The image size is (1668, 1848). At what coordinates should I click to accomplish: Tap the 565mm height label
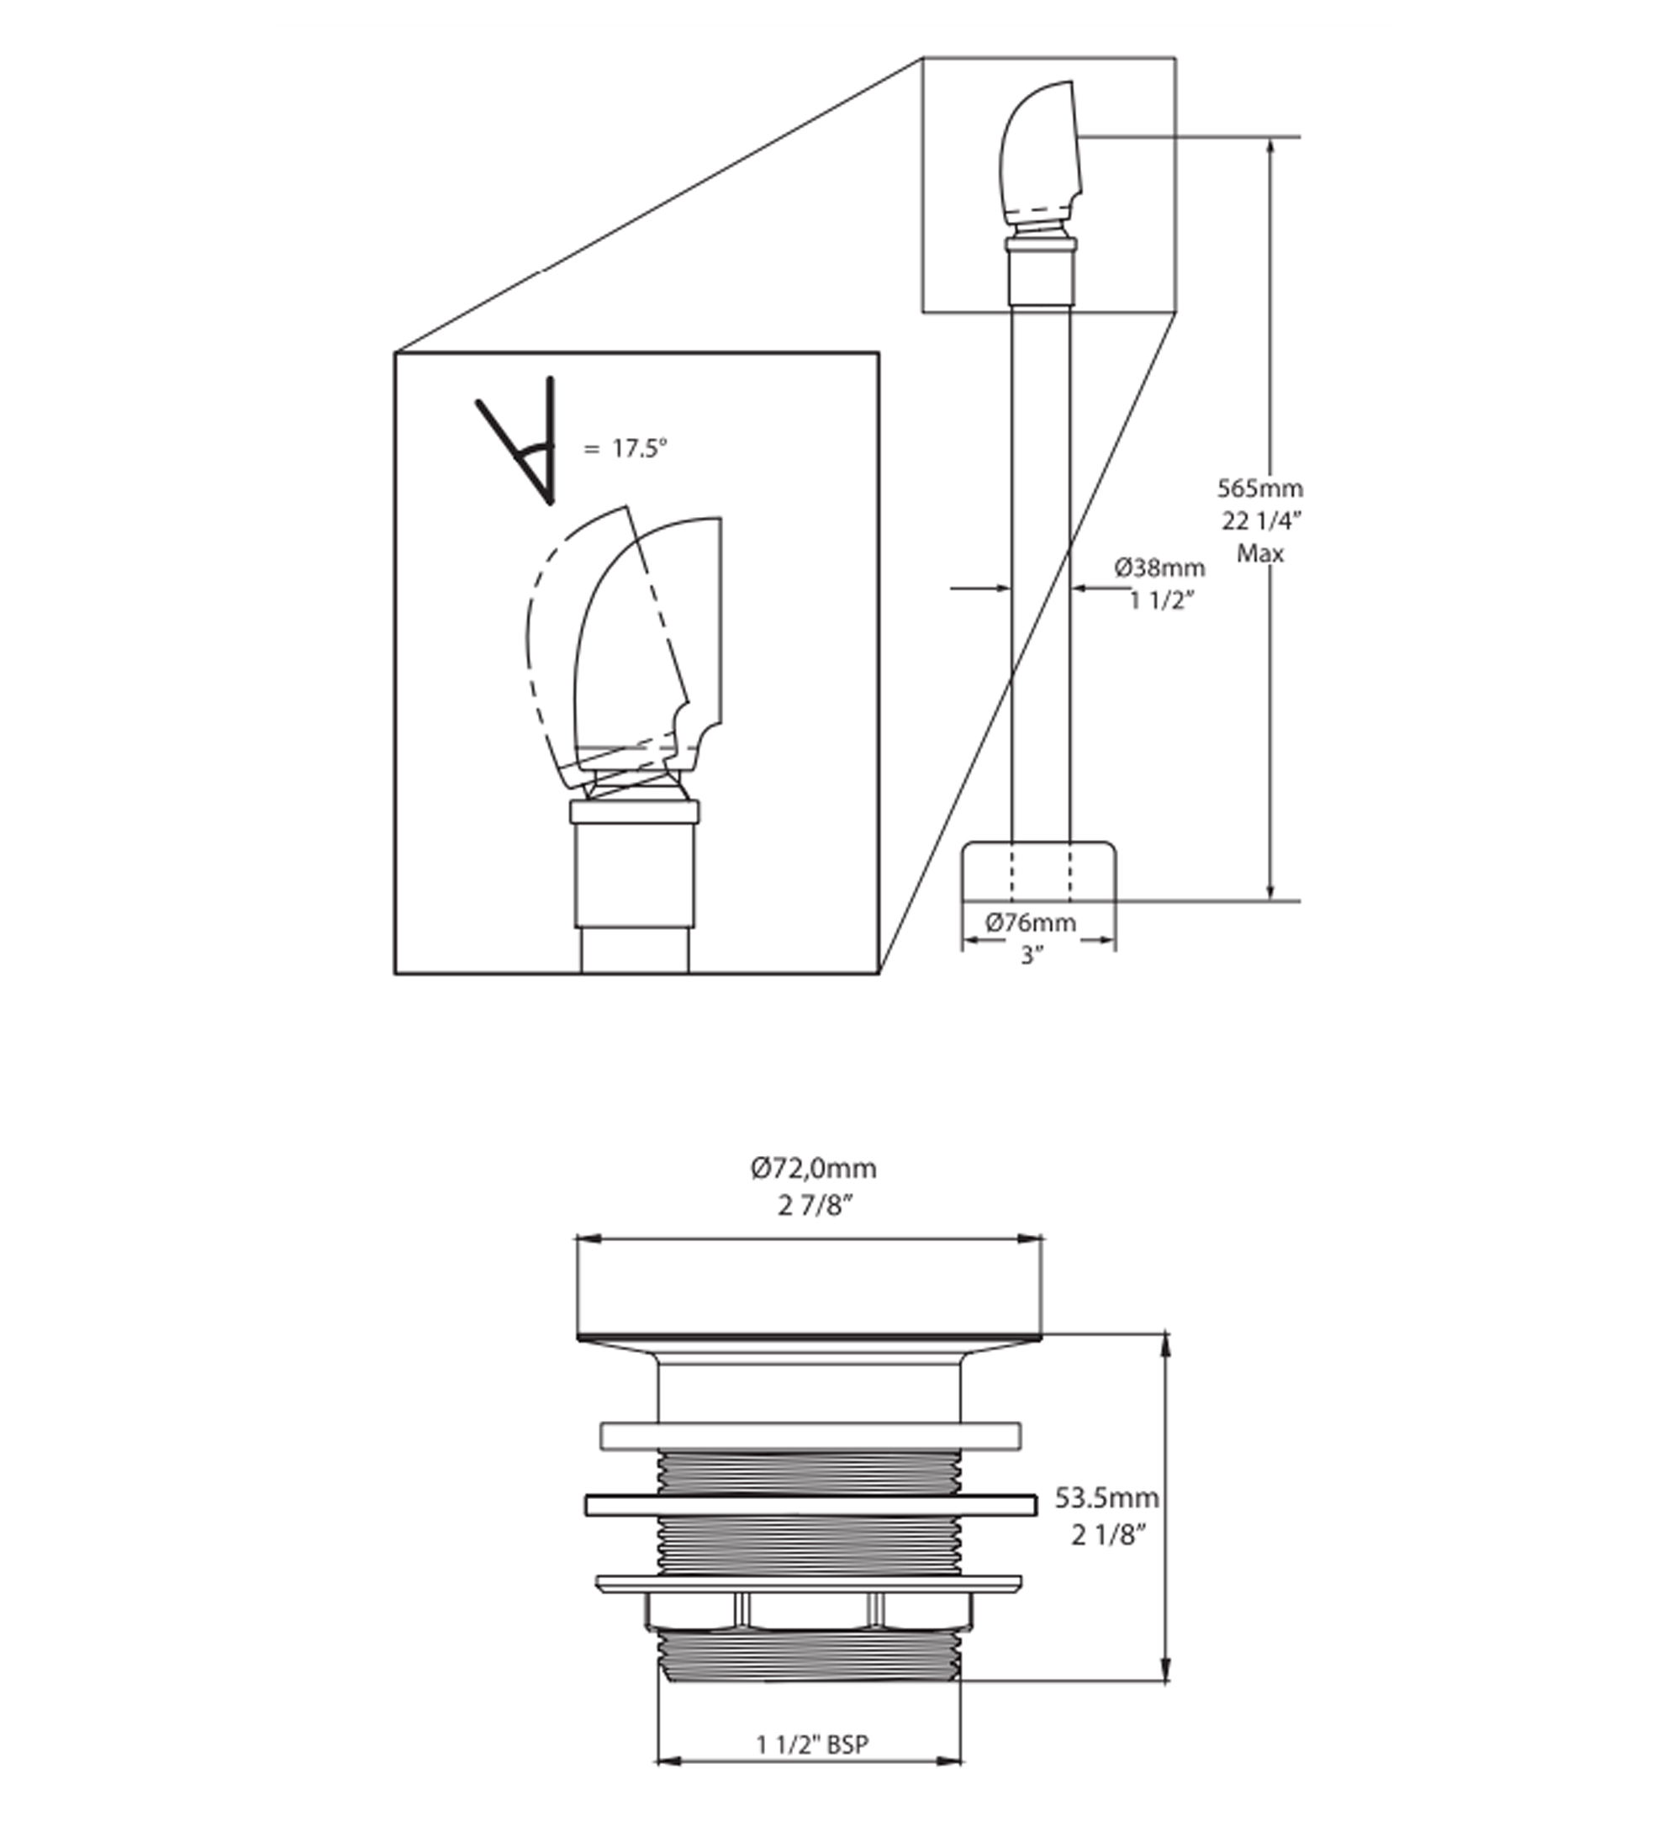tap(1259, 488)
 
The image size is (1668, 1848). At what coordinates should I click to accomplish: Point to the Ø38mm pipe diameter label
tap(1159, 568)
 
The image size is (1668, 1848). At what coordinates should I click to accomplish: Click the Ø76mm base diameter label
tap(1031, 923)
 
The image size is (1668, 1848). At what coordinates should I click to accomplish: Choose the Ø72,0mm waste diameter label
tap(813, 1169)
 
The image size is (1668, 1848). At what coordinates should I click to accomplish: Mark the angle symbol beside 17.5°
tap(516, 440)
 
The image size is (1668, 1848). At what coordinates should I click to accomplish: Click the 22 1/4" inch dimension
tap(1261, 520)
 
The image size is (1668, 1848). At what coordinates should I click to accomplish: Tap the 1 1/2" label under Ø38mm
tap(1162, 600)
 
